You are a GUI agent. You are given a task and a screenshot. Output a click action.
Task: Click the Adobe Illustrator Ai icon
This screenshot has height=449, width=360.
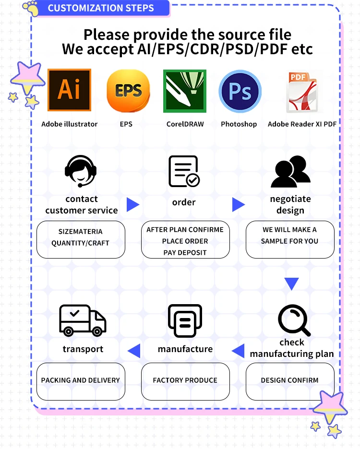coord(69,90)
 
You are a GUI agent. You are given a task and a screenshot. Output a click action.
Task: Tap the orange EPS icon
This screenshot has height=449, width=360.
coord(128,91)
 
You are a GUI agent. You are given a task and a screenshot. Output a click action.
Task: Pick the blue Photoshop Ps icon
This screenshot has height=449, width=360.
coord(240,91)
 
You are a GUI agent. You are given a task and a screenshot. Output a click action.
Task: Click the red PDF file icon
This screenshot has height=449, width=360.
coord(302,92)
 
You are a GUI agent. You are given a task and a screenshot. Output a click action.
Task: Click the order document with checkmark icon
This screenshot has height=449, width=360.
coord(184,171)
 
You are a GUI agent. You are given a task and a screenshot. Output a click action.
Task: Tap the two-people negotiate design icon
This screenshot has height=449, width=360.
coord(291,171)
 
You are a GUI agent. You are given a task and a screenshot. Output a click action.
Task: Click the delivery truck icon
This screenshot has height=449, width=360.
coord(83,320)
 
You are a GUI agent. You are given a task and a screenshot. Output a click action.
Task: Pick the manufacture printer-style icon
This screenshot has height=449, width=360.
coord(185,321)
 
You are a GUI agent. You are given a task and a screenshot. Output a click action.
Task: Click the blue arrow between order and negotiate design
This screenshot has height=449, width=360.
coord(239,205)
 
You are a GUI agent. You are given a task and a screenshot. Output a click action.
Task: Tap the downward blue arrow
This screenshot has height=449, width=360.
coord(291,284)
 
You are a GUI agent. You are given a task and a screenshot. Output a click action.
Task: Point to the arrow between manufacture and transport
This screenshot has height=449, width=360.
coord(134,351)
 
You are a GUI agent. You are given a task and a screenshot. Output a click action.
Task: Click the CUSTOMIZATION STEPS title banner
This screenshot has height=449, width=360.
coord(101,8)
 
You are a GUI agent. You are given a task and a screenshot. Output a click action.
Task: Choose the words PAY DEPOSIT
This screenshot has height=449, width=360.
coord(185,253)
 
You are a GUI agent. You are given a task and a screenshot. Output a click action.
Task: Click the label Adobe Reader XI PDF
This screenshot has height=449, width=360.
coord(302,124)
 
